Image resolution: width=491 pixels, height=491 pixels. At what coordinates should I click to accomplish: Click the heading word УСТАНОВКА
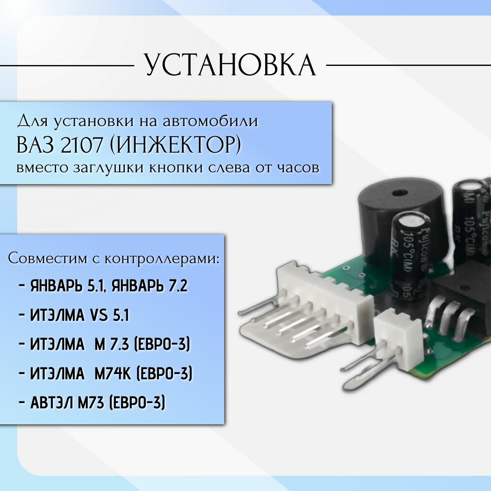pos(230,65)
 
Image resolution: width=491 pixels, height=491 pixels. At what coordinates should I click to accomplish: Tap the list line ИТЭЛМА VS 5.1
pos(80,315)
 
